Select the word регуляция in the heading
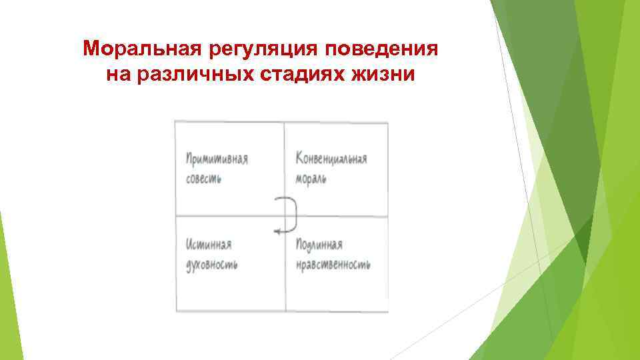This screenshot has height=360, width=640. click(x=246, y=49)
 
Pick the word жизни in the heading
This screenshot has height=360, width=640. click(x=383, y=75)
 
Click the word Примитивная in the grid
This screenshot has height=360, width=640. click(x=217, y=159)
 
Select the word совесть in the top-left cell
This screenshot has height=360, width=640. click(x=204, y=179)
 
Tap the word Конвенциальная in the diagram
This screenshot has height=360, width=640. click(x=331, y=159)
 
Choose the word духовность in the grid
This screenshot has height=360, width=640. click(x=212, y=265)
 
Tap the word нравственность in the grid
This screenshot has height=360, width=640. click(x=332, y=265)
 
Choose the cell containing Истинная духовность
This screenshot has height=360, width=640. click(x=229, y=287)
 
